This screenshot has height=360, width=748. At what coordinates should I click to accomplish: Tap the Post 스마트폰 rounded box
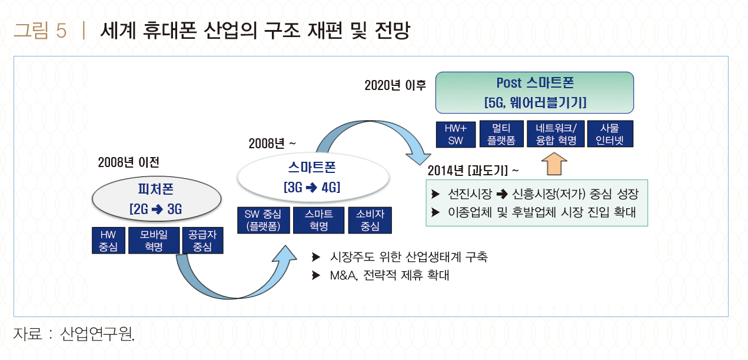(534, 92)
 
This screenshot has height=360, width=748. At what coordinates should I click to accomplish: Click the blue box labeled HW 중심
(108, 241)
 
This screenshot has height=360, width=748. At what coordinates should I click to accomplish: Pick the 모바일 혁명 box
(153, 241)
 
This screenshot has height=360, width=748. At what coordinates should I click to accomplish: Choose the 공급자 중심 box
(202, 241)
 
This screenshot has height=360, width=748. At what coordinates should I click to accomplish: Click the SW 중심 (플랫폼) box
(263, 220)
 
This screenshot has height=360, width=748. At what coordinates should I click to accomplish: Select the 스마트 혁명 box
(319, 220)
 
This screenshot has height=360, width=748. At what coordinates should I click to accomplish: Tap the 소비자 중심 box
(370, 220)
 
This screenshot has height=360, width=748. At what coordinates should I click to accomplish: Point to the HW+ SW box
(456, 134)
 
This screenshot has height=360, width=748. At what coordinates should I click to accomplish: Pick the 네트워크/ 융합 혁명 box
(556, 134)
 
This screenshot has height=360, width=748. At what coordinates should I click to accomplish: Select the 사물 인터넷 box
(610, 134)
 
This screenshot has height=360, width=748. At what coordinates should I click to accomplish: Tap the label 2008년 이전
(129, 162)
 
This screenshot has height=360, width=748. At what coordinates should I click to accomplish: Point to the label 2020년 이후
(395, 85)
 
